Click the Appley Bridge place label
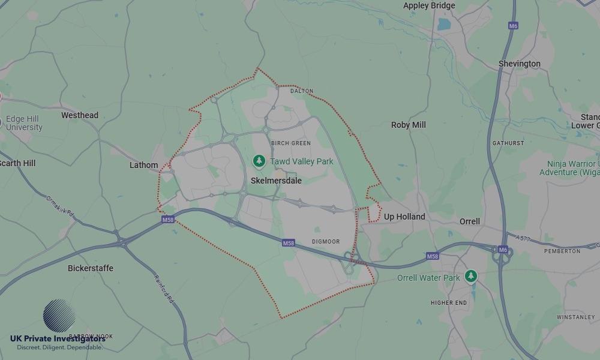coord(429,6)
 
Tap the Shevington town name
coord(519,64)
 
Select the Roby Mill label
coord(408,125)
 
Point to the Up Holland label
coord(404,217)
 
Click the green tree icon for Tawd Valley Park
coord(259,161)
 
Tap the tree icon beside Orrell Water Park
coord(471,276)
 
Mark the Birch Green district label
coord(290,143)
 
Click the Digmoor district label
coord(326,242)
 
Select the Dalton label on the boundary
coord(302,91)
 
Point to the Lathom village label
coord(144,165)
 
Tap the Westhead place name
coord(80,115)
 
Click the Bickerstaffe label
coord(91,268)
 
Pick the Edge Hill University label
coord(24,123)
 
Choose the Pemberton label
coord(562,251)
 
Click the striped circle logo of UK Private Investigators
coord(59,316)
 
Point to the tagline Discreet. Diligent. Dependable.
coord(59,347)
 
